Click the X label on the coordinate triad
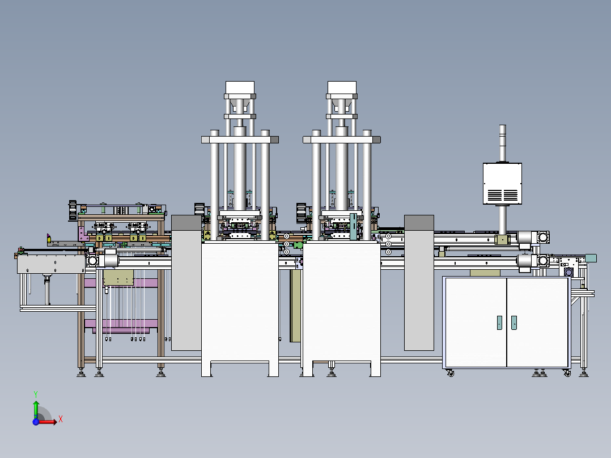pos(60,419)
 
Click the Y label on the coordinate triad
pos(36,393)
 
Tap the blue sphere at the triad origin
pos(36,421)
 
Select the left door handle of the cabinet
pos(499,323)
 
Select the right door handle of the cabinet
pos(514,323)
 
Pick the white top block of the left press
pos(240,88)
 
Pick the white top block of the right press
pos(342,88)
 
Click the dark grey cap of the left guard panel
pos(186,222)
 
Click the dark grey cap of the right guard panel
pos(419,223)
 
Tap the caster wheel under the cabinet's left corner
pos(451,373)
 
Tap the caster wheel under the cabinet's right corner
pos(567,373)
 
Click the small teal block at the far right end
pos(592,258)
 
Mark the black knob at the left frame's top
pos(72,209)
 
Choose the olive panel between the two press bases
pos(295,306)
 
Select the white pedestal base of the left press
pos(240,306)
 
